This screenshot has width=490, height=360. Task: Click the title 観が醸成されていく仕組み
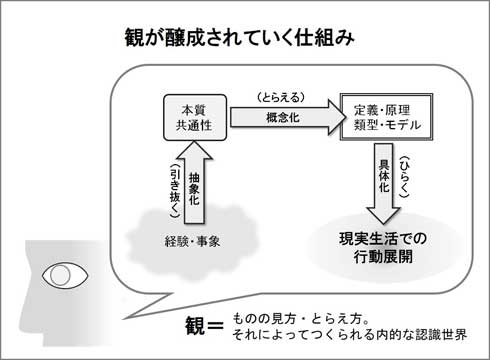coord(239,37)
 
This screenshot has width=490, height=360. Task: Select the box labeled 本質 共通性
coord(195,117)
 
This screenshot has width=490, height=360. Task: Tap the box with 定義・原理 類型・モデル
coord(386,117)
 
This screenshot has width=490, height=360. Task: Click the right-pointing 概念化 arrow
coord(288,117)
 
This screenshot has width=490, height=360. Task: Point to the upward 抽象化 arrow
coord(194,183)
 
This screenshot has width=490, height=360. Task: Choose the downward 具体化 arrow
coord(383,183)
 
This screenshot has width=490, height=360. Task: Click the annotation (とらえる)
coord(281,97)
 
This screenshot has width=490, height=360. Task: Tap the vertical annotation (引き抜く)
coord(175,191)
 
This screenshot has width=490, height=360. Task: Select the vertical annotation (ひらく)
coord(404,177)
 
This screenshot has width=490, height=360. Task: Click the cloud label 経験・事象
coord(192,241)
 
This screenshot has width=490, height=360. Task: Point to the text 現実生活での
coord(383,239)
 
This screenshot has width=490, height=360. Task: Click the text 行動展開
coord(383,257)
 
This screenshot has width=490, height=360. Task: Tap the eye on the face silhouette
coord(65,276)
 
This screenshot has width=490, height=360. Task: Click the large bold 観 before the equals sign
coord(195,325)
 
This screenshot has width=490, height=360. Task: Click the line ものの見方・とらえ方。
coord(301,319)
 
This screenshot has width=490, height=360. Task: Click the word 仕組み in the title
coord(324,37)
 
